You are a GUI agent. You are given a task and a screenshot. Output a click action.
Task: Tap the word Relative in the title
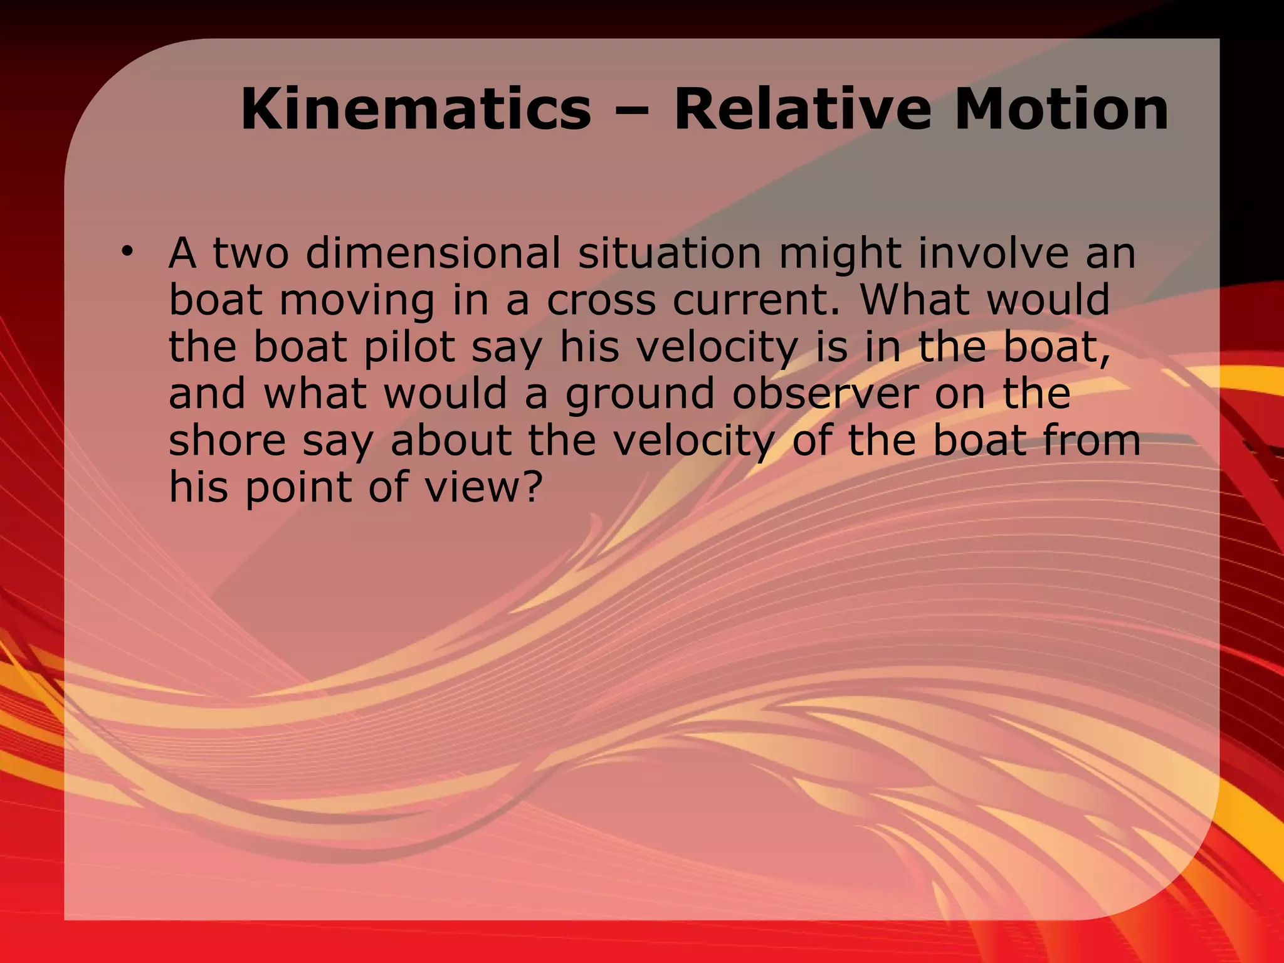(803, 110)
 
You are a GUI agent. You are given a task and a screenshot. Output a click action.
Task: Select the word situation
(670, 254)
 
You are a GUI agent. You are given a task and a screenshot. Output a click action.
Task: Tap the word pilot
(409, 348)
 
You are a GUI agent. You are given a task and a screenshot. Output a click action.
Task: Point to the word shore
(227, 441)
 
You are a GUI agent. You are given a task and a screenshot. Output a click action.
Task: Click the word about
(451, 441)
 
